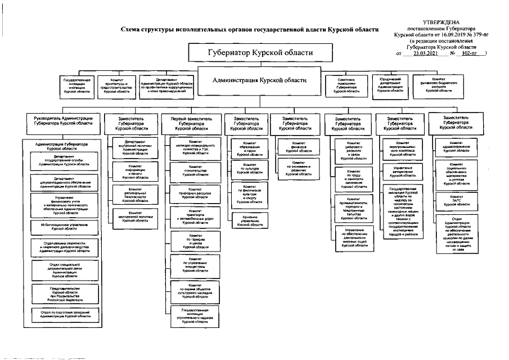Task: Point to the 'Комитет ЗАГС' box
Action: coord(456,201)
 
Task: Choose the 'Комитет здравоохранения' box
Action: coord(456,147)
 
